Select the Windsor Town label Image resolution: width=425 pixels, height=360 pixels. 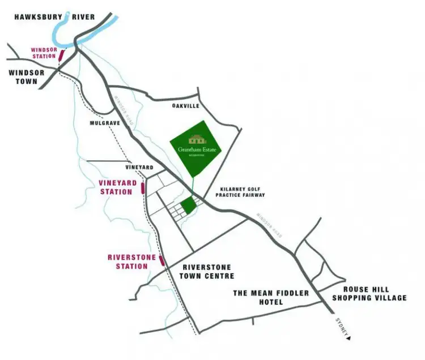(x=23, y=78)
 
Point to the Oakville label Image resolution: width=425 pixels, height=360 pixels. (x=186, y=106)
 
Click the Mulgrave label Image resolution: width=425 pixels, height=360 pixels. (x=103, y=122)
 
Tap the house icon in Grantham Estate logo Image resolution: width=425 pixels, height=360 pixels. (x=197, y=139)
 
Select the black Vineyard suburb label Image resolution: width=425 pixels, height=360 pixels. (x=139, y=168)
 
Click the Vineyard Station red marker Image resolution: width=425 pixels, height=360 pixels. (x=143, y=188)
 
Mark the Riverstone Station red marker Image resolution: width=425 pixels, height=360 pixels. (x=162, y=261)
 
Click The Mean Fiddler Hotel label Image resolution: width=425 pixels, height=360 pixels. (x=271, y=297)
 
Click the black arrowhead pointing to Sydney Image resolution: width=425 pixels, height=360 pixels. (x=350, y=338)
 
